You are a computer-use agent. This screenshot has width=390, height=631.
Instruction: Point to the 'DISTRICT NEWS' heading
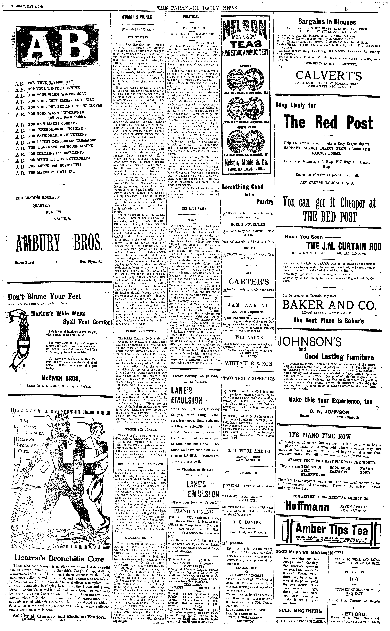tap(194, 209)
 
